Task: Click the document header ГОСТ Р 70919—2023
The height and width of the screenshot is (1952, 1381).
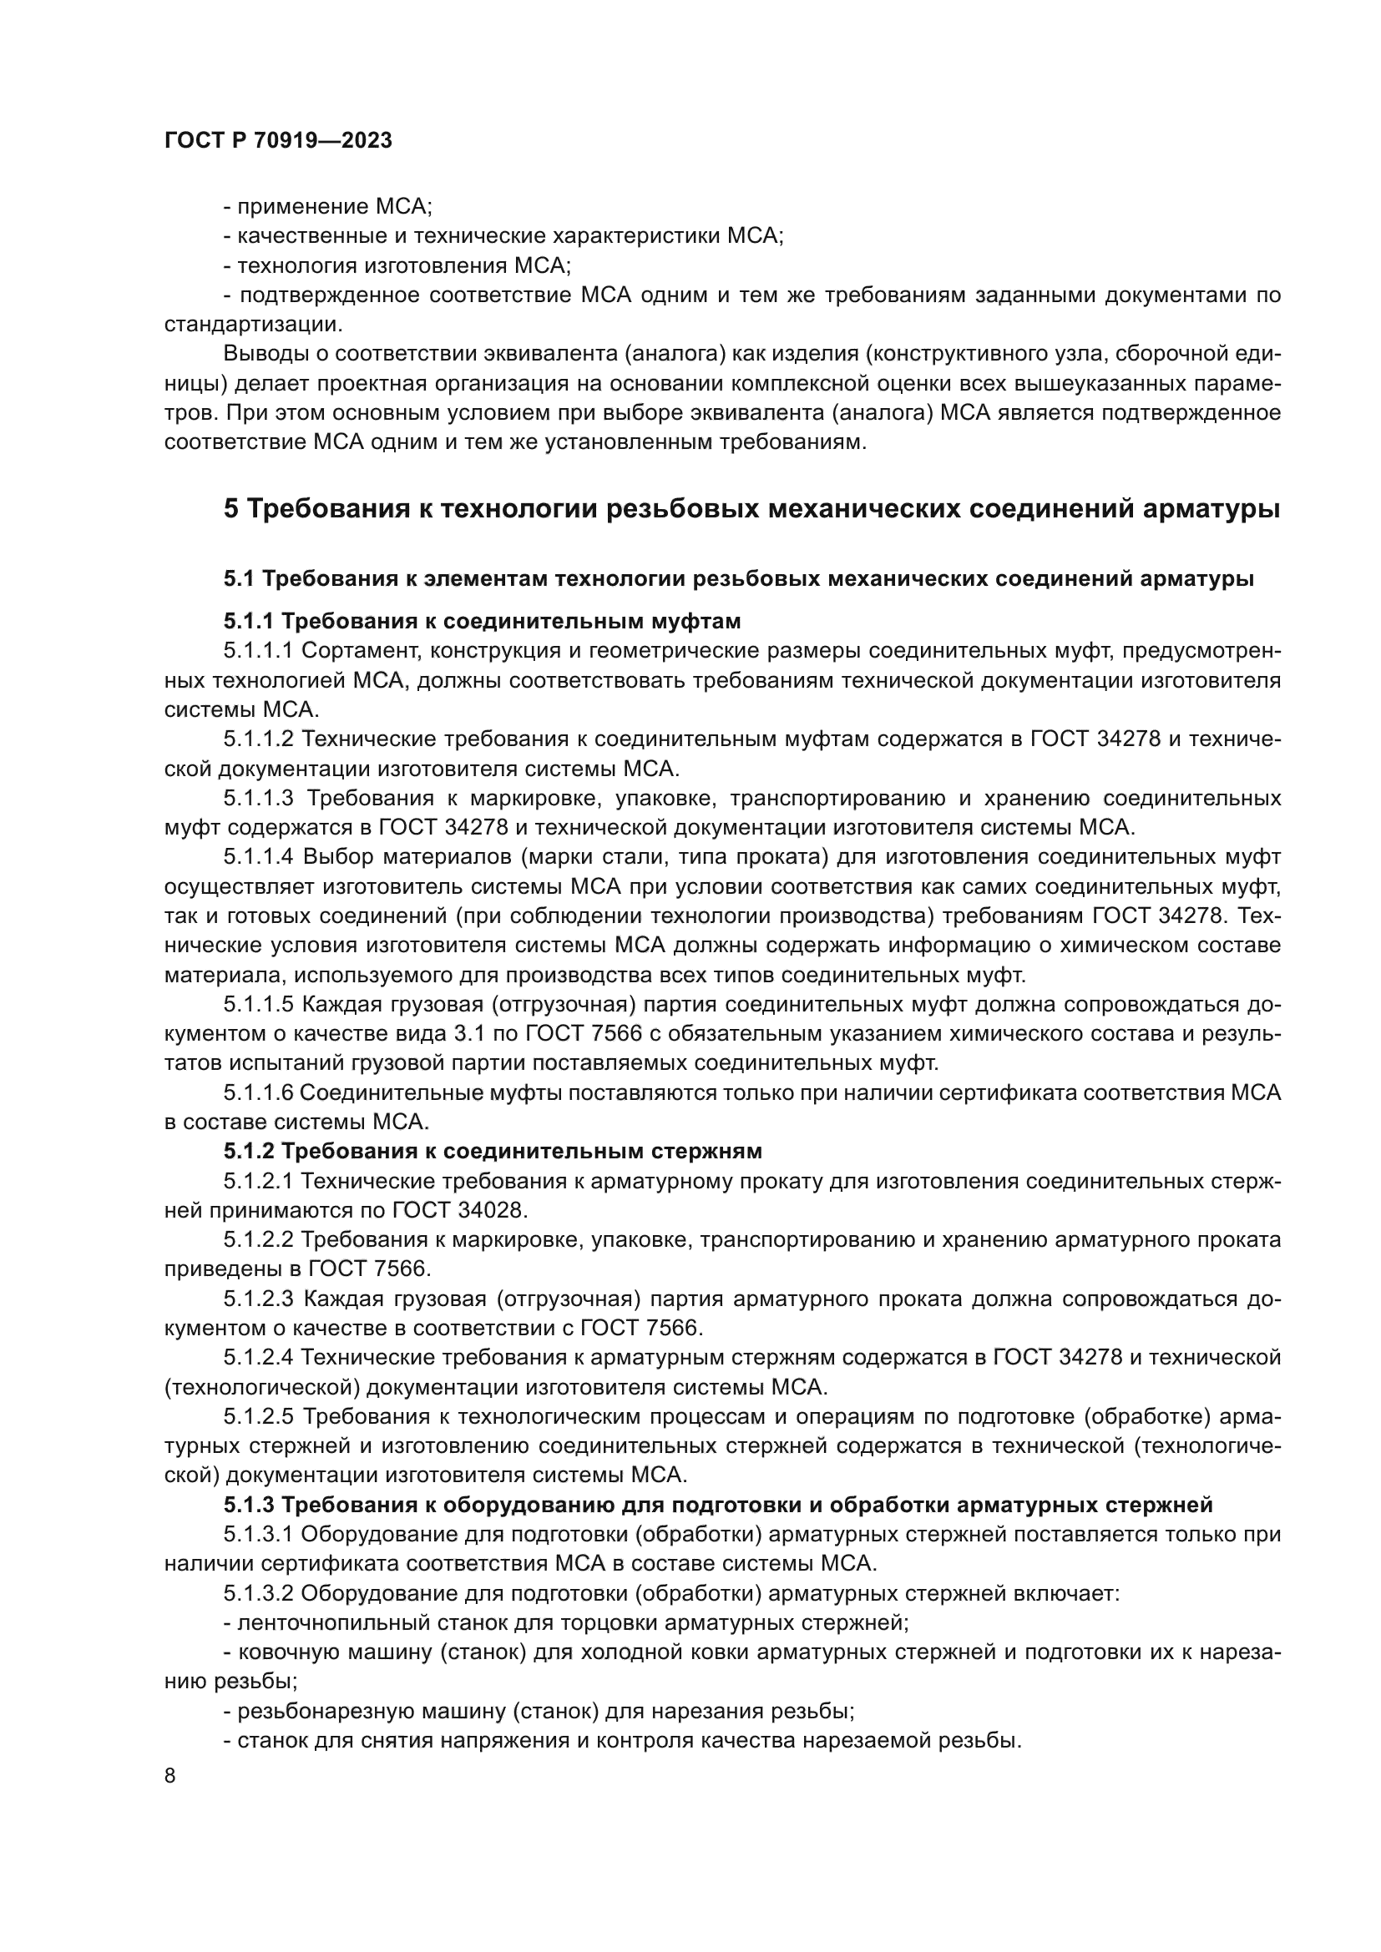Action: (278, 141)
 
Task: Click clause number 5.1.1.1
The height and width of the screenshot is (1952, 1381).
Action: (258, 651)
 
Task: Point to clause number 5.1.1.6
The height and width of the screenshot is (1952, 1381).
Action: (259, 1092)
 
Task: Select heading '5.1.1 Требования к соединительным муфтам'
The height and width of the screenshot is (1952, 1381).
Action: (482, 622)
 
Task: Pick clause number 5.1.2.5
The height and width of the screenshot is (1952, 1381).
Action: (259, 1416)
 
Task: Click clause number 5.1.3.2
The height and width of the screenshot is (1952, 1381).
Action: (259, 1593)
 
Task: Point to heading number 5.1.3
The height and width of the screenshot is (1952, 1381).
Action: (249, 1505)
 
